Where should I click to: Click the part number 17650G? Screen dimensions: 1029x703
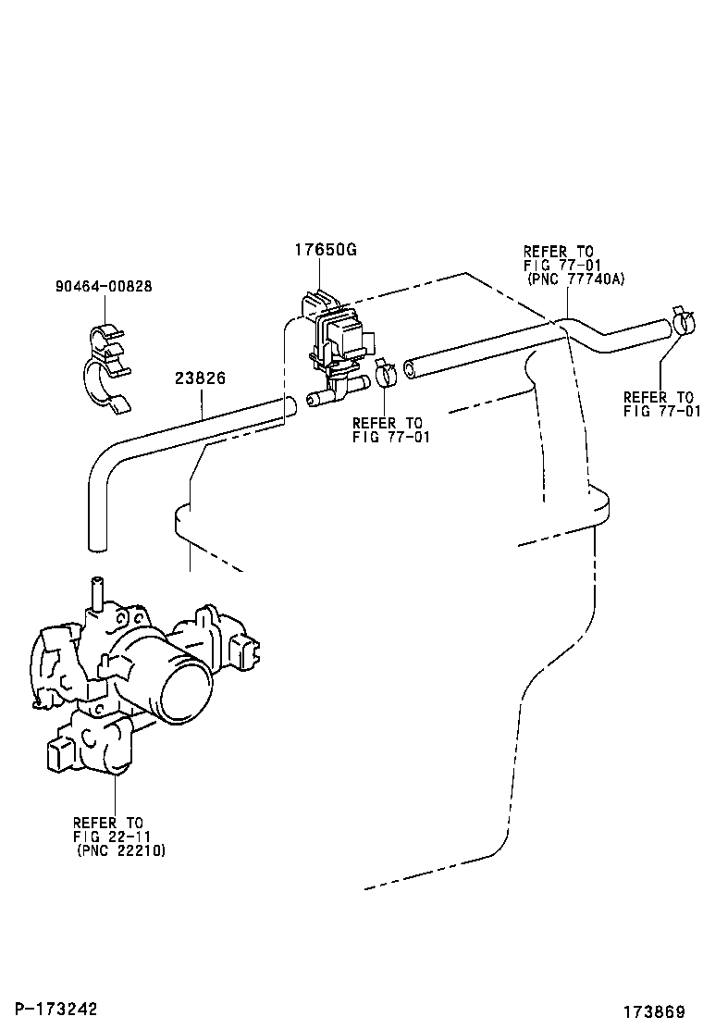(326, 250)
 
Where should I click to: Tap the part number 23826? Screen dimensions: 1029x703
(201, 378)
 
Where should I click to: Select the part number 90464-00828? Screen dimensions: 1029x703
(103, 287)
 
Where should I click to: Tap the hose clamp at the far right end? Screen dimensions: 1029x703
(684, 323)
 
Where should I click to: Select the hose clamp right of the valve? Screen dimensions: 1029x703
(386, 373)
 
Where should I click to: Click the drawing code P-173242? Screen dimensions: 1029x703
(52, 1008)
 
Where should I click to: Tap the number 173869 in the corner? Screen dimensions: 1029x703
(654, 1010)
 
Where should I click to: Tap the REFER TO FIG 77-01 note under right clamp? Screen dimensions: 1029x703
(661, 404)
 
